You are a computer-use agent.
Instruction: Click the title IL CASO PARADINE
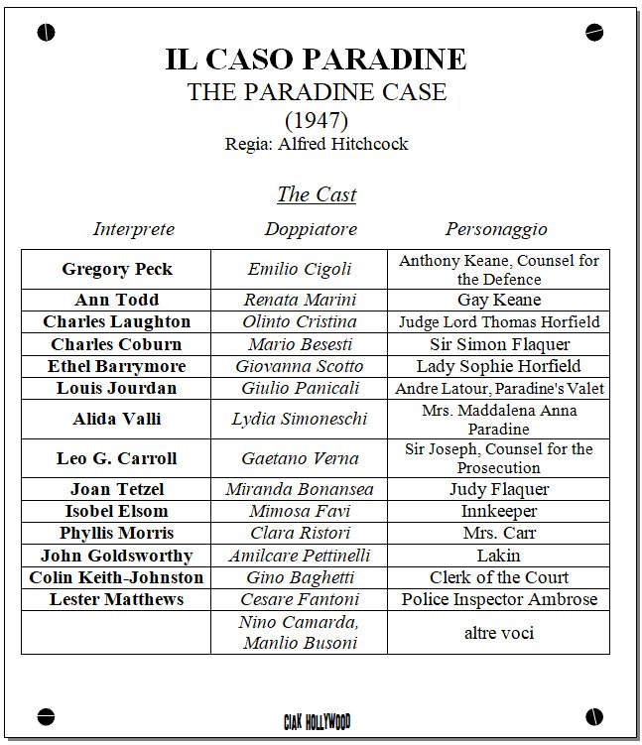point(316,60)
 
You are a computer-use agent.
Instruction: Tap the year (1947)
point(316,122)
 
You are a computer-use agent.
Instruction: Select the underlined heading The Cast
point(316,193)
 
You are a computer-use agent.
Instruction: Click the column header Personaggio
point(496,229)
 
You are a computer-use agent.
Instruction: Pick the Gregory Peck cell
point(117,269)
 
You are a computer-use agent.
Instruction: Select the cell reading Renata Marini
point(299,300)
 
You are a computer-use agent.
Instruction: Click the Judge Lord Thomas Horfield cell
point(499,322)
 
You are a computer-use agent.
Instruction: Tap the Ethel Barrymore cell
point(117,366)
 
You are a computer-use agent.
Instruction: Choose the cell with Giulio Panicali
point(299,388)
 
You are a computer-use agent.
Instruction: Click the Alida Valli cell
point(117,419)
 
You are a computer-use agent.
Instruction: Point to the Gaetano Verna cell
point(299,458)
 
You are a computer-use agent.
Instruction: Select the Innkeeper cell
point(499,511)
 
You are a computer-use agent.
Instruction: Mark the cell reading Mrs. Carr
point(499,533)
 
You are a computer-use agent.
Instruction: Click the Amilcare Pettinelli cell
point(299,556)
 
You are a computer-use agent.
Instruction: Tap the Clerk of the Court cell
point(499,577)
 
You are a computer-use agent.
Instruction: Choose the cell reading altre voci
point(499,632)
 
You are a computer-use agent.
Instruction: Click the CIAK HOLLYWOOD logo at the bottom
point(317,721)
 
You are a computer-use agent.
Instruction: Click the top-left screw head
point(46,33)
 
